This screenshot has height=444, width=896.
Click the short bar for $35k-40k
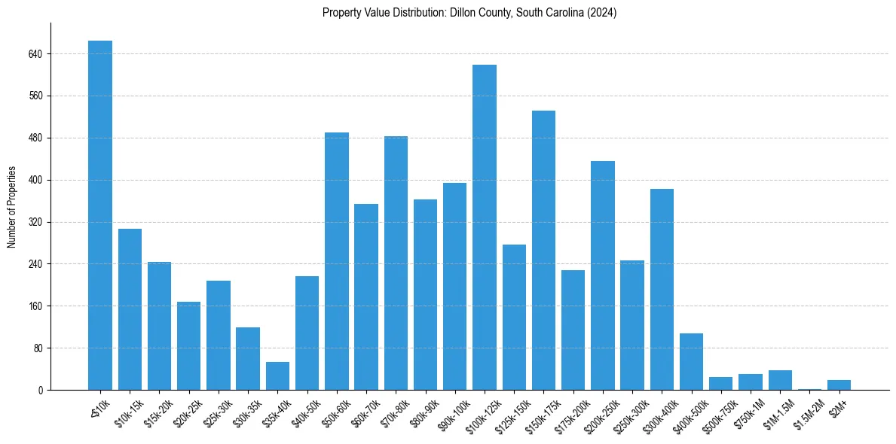277,376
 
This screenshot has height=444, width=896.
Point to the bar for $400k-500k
691,362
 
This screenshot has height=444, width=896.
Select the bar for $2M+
839,385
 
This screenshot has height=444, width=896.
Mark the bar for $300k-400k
662,290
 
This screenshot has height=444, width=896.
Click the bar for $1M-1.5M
780,380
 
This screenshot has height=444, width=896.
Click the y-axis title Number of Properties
12,207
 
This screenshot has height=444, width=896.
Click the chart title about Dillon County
469,13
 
